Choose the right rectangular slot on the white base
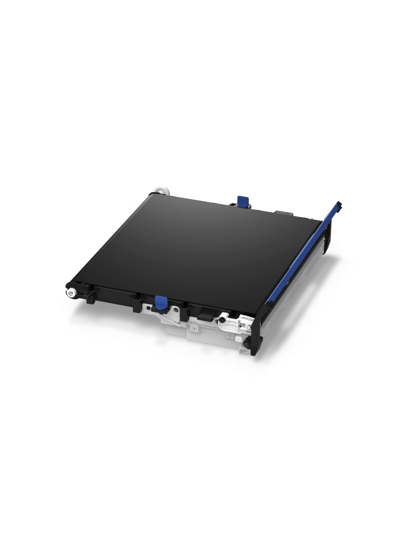pos(230,337)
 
